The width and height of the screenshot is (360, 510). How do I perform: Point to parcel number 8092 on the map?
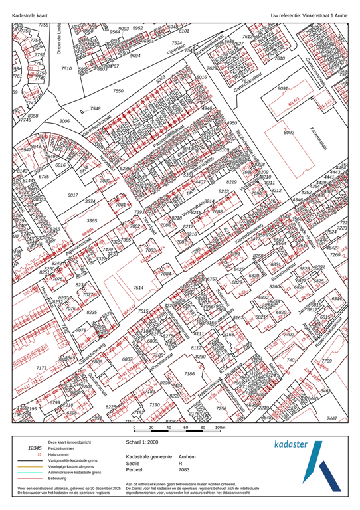coord(289,133)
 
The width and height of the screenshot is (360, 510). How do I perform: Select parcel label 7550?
coord(118,91)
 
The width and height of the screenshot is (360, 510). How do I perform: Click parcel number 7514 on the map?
coord(137,287)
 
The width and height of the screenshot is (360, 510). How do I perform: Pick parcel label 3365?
coord(92,220)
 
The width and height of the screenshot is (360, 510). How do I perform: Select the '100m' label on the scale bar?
coord(221,428)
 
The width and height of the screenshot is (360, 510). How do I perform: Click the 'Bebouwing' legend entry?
coord(58,479)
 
